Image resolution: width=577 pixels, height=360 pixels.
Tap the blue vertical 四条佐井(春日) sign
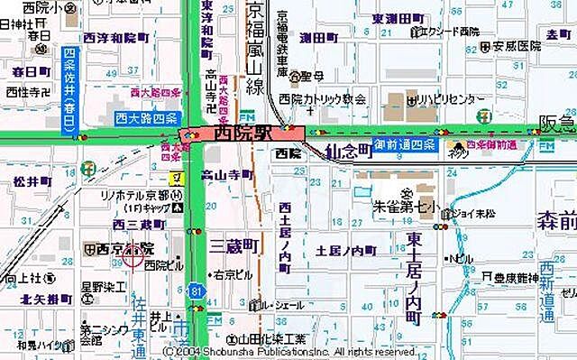(x=69, y=91)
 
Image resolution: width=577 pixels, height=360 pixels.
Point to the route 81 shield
(x=196, y=291)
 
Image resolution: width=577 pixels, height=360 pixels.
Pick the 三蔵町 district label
(x=234, y=246)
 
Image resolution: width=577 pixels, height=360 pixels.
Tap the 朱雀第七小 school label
(x=406, y=207)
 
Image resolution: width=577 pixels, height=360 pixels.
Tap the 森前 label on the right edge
(x=556, y=219)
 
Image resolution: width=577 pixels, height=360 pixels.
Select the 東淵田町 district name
(x=398, y=18)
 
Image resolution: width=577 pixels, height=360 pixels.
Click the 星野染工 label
(x=104, y=287)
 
